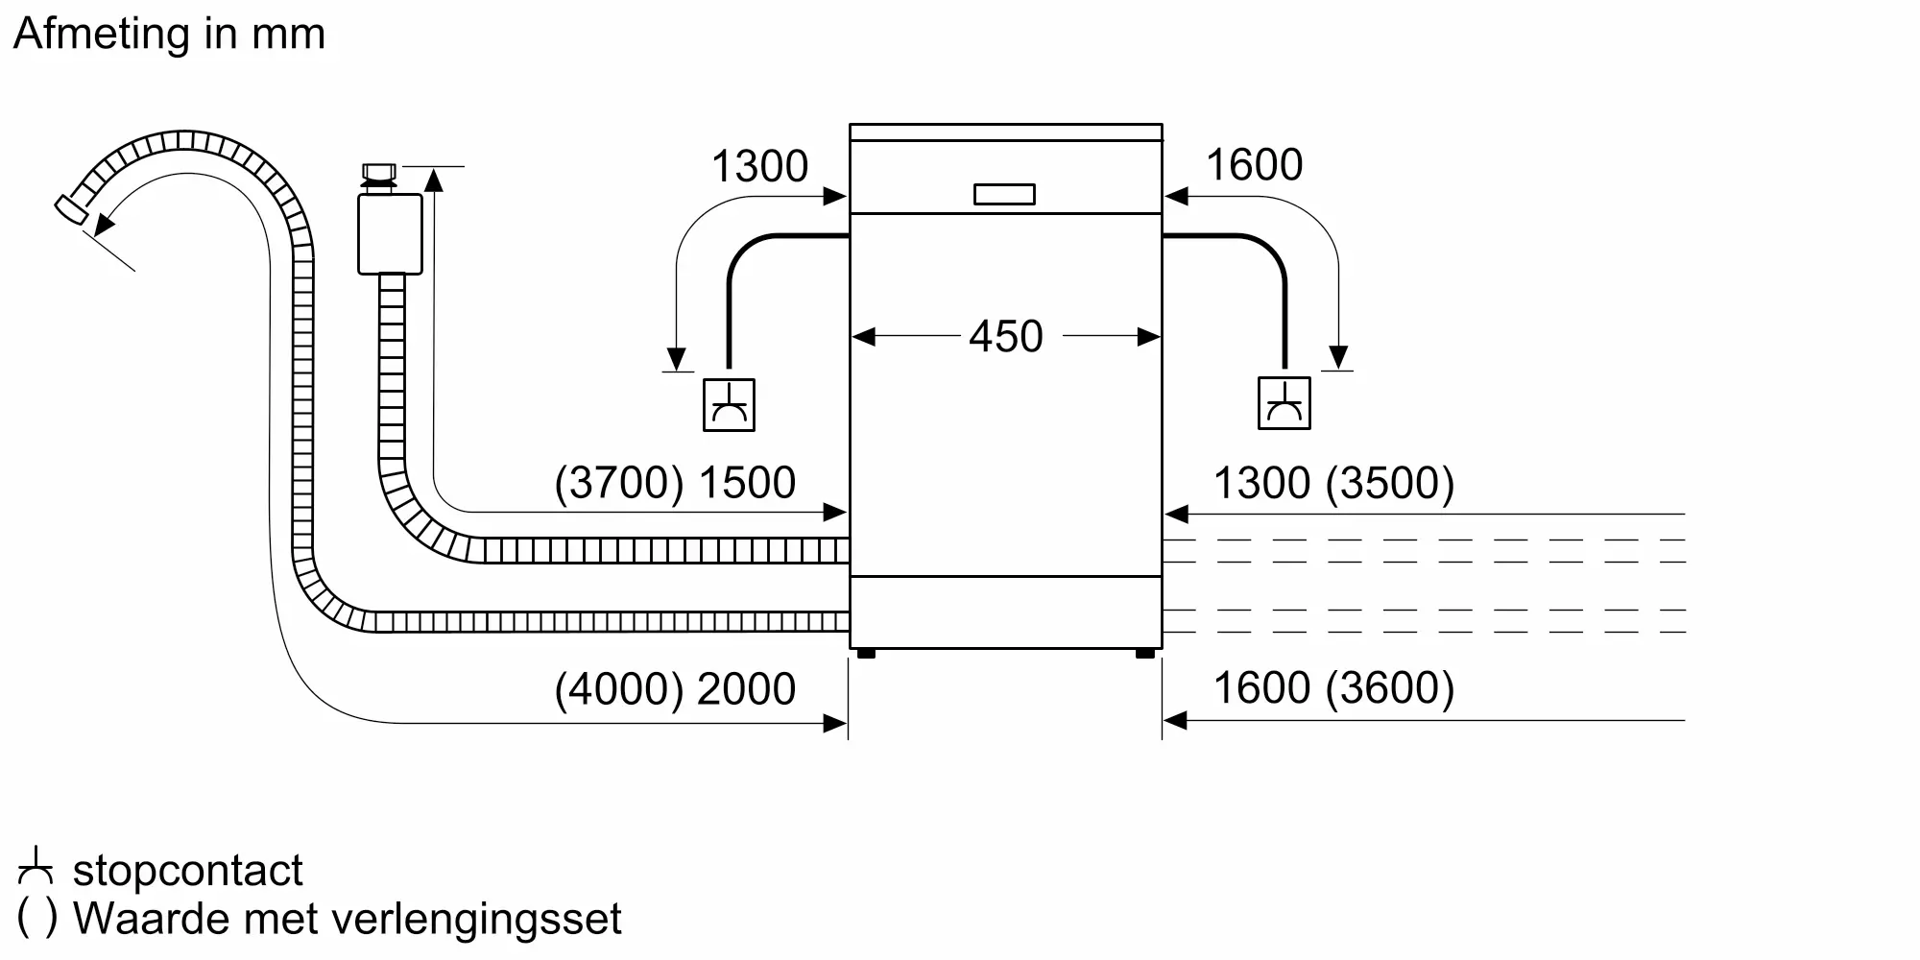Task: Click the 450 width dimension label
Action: tap(1005, 337)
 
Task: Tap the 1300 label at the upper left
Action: tap(759, 166)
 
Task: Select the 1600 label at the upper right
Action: tap(1254, 165)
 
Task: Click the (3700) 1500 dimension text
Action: tap(675, 483)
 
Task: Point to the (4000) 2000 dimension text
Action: tap(675, 689)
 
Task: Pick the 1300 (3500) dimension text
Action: tap(1333, 483)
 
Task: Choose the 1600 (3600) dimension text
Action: tap(1333, 688)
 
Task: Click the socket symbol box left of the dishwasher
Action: tap(729, 405)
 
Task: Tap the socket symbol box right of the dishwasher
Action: tap(1284, 404)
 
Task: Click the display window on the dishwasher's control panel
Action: tap(1004, 195)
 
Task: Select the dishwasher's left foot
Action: tap(866, 654)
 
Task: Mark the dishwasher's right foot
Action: tap(1145, 654)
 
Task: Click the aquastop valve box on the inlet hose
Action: tap(390, 234)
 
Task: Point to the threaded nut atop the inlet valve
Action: tap(379, 175)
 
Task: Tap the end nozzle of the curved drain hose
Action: tap(70, 211)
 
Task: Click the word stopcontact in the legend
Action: tap(188, 871)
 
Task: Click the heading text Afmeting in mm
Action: tap(170, 35)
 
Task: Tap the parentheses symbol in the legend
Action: tap(37, 919)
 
